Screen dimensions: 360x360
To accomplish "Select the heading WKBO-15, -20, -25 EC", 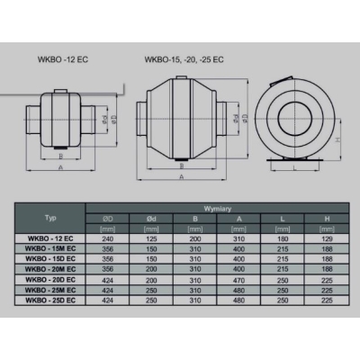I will [184, 60].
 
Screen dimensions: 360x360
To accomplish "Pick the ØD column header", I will [109, 218].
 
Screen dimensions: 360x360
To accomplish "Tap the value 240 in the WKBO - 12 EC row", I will [109, 238].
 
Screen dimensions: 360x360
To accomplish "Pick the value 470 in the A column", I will [239, 280].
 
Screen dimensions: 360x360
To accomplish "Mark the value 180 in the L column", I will [283, 238].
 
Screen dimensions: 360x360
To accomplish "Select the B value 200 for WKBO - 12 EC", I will [195, 238].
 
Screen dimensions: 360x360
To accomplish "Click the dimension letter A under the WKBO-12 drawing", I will [60, 167].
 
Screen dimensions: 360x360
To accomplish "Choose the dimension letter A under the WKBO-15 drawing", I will [182, 178].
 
